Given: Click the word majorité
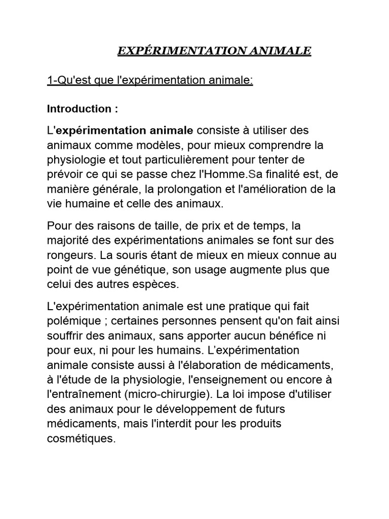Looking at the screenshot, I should [x=67, y=240].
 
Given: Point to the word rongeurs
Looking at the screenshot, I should [x=67, y=254].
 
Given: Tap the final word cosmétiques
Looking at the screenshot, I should [x=81, y=438].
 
